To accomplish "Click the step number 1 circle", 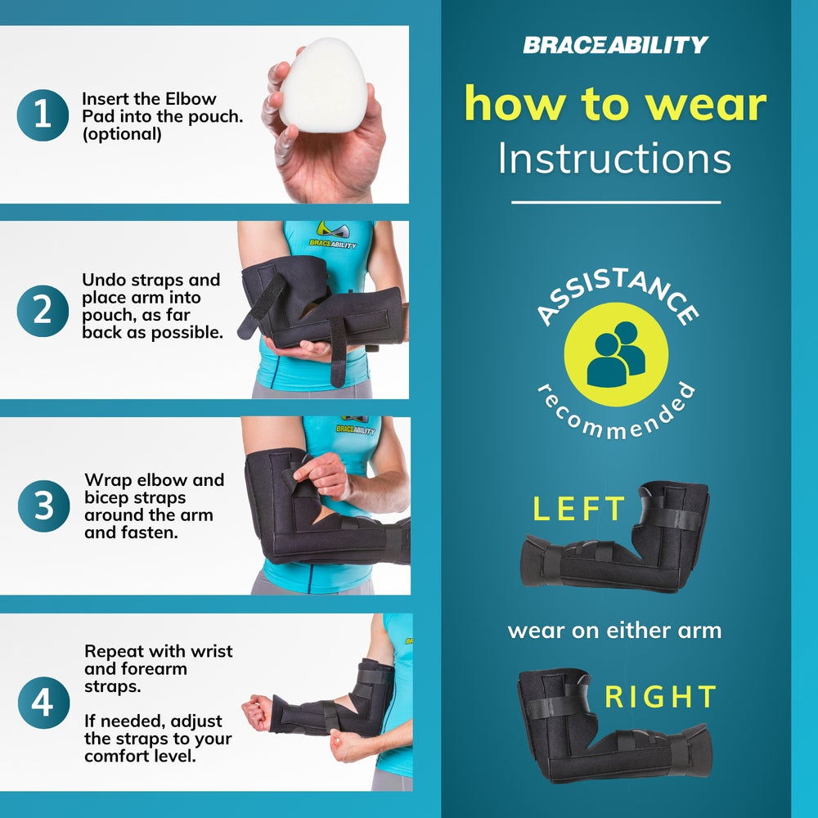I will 42,115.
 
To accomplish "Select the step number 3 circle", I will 42,506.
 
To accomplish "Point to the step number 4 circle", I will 42,703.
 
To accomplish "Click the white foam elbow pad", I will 322,89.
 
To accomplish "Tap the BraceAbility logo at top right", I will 615,44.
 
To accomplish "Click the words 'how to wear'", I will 615,105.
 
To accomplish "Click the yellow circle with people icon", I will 616,353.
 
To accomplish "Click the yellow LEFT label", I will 578,509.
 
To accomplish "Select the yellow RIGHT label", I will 660,697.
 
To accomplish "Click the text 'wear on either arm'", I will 614,631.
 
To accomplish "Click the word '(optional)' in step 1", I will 121,134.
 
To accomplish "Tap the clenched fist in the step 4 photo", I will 257,711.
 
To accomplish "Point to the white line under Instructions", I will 615,202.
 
